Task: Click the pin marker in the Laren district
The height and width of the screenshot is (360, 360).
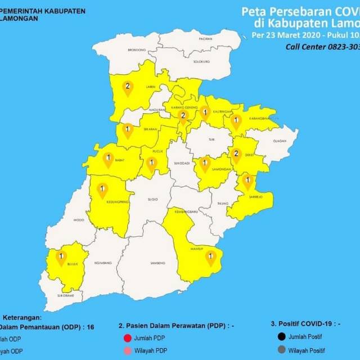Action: pos(128,88)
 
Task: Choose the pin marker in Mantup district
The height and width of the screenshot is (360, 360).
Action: pos(211,257)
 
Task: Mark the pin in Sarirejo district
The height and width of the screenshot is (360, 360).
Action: pos(247,182)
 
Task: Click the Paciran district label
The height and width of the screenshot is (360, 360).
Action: pos(205,39)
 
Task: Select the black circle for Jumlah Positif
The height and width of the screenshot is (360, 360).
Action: pos(280,337)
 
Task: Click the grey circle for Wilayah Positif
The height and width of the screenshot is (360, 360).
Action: pos(280,351)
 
